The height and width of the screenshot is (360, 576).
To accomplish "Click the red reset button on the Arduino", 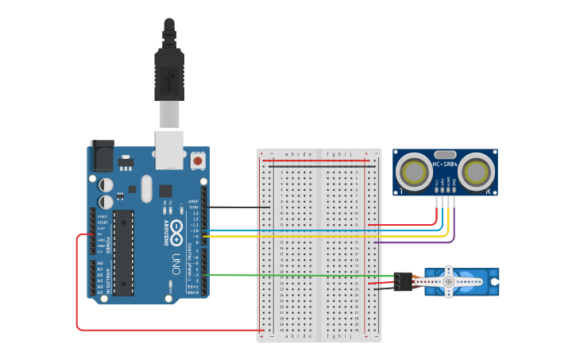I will coord(197,161).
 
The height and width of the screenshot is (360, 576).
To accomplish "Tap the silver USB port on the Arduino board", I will coord(168,151).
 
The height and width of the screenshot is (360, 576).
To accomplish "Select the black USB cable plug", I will coord(168,75).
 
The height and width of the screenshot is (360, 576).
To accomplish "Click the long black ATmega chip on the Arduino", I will coord(123,252).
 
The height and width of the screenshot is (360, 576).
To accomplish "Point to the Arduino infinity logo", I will coord(176,233).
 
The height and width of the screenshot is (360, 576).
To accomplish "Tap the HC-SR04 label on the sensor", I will coord(445,165).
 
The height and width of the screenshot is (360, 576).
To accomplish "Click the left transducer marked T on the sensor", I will coord(414,172).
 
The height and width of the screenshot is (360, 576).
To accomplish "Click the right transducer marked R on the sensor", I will coord(476,172).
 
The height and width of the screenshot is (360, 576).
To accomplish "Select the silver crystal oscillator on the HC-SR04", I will coord(445,154).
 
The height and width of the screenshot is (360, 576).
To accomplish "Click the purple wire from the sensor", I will coord(413,242).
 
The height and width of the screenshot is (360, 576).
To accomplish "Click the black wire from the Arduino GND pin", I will coord(238,207).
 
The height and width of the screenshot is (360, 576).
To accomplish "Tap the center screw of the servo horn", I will coord(448,281).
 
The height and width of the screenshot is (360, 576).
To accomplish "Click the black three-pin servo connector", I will coord(403,281).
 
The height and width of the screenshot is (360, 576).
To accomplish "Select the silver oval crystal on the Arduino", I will coord(145,189).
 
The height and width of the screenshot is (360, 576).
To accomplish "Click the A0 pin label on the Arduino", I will coord(100,263).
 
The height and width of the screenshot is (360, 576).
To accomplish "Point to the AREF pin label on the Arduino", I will coord(193,202).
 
